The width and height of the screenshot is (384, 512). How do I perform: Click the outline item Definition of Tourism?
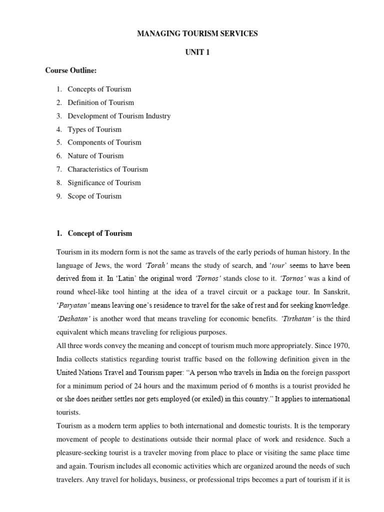click(x=100, y=102)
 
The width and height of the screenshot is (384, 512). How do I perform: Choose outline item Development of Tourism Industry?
click(x=119, y=116)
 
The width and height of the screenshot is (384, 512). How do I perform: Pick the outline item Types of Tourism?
click(x=94, y=129)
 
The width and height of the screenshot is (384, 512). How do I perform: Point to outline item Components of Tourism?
click(x=104, y=142)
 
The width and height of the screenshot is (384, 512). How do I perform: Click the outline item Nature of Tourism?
click(x=95, y=156)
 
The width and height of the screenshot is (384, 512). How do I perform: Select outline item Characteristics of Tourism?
click(x=107, y=169)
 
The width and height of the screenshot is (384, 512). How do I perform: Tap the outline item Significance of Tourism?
click(x=104, y=182)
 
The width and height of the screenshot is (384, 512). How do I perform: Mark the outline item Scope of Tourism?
click(x=94, y=196)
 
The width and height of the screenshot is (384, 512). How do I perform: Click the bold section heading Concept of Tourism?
click(x=100, y=233)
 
